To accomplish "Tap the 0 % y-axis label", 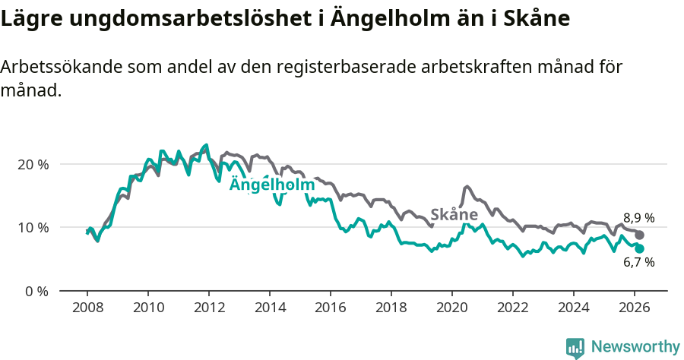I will (x=37, y=291).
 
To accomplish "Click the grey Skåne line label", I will (x=454, y=214).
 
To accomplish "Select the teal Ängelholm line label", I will (x=272, y=185).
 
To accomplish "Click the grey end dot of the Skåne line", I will (x=639, y=235).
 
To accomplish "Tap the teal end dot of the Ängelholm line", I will (x=639, y=248).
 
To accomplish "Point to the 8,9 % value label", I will (x=639, y=218).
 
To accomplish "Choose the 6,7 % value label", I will (x=639, y=263).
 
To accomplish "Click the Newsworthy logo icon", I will (x=575, y=347).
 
